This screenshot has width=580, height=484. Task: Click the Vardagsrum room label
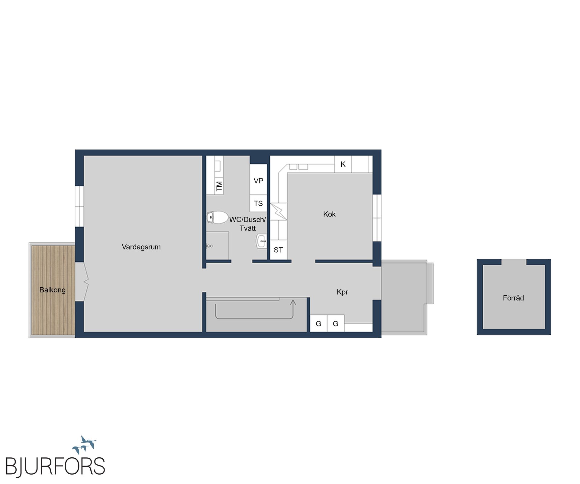click(141, 247)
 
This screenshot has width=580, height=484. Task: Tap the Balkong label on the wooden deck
click(53, 290)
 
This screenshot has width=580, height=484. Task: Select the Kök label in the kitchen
click(329, 214)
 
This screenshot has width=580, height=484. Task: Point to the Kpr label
click(342, 292)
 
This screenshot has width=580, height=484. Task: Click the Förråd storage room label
click(513, 298)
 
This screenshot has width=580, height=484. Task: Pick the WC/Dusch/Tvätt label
click(248, 224)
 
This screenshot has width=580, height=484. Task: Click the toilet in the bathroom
click(217, 217)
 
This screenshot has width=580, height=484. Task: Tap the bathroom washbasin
click(262, 241)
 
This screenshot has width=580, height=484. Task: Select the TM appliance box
click(219, 186)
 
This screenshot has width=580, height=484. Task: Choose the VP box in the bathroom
click(258, 180)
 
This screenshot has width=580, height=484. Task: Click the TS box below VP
click(258, 203)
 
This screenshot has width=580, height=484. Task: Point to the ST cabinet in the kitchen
click(278, 250)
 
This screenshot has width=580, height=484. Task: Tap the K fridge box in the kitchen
click(343, 164)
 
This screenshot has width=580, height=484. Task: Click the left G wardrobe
click(319, 323)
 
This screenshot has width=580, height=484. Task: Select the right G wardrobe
click(336, 323)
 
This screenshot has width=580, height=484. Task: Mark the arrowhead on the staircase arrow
click(293, 302)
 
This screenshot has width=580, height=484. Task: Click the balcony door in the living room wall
click(82, 282)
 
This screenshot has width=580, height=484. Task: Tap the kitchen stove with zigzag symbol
click(278, 211)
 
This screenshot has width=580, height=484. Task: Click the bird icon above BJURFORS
click(84, 444)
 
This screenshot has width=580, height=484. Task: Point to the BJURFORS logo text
click(55, 467)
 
